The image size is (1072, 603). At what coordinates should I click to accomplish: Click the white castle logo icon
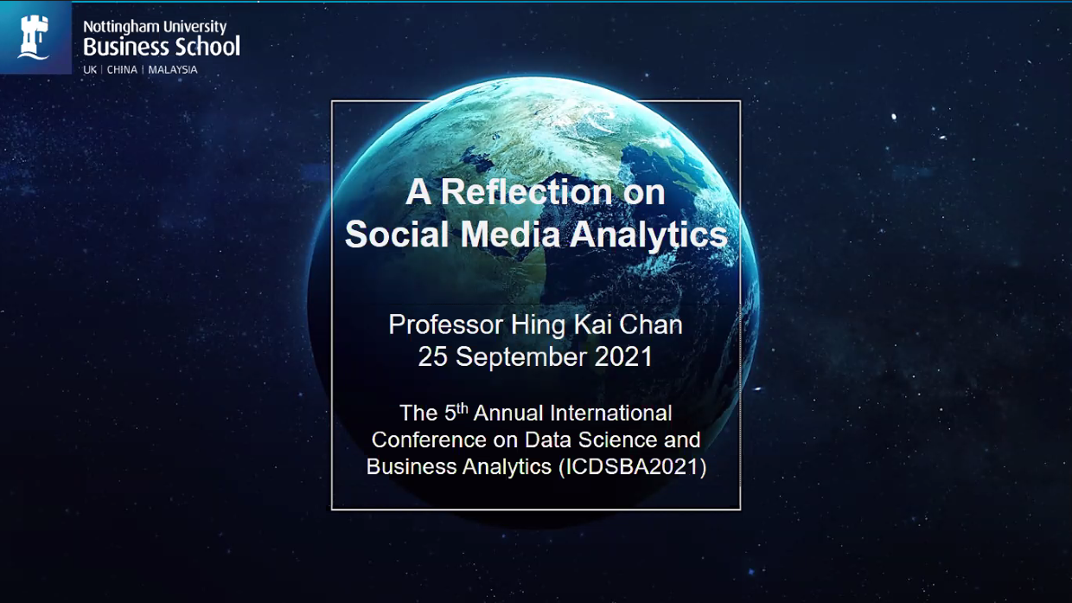tap(34, 37)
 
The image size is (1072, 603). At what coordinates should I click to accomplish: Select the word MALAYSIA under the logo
tap(173, 70)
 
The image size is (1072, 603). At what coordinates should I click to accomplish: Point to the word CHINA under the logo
tap(122, 70)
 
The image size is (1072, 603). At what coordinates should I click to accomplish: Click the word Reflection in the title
tap(526, 192)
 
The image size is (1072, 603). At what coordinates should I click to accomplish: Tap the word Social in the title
tap(397, 234)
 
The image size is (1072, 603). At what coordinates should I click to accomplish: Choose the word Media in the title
tap(510, 234)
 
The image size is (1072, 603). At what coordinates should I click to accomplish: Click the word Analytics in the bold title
tap(648, 235)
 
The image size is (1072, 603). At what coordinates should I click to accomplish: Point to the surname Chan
tap(651, 324)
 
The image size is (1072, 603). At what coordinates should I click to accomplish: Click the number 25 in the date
tap(432, 356)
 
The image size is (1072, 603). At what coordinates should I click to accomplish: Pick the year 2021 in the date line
tap(623, 356)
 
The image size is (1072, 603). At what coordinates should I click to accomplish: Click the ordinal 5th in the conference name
tap(456, 413)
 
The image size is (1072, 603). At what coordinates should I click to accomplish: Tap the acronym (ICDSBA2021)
tap(632, 467)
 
